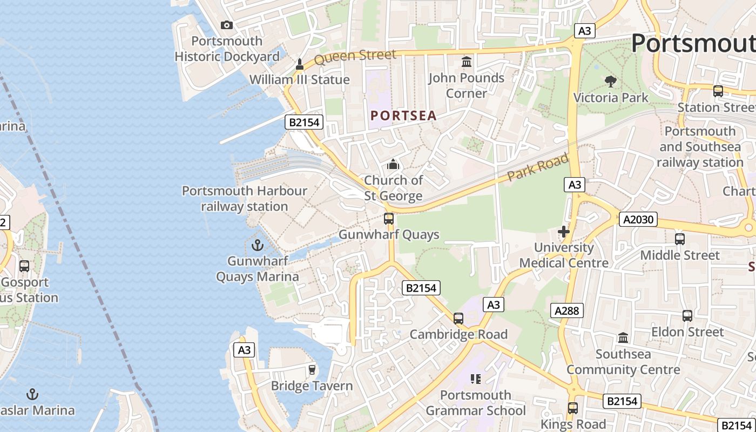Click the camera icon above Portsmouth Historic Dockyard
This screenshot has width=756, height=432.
[x=227, y=25]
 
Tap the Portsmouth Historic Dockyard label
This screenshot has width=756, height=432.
[x=227, y=49]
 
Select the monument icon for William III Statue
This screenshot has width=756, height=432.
[x=300, y=65]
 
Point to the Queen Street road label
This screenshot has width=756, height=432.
[x=355, y=56]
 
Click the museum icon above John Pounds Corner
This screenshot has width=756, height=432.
[x=467, y=62]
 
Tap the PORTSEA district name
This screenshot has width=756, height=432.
[x=403, y=116]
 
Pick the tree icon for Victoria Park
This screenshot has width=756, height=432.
[x=611, y=82]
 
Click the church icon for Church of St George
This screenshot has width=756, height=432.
[x=393, y=164]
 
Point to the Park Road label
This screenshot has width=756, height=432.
[x=538, y=167]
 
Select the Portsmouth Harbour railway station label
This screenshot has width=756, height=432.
[x=244, y=199]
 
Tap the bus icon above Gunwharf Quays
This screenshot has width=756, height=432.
[x=389, y=219]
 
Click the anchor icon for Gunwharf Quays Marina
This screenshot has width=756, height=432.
[x=258, y=246]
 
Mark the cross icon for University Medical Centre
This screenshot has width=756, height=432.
[x=564, y=232]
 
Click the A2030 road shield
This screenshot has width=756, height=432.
[x=638, y=219]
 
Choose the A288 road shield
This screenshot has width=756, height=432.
[x=567, y=310]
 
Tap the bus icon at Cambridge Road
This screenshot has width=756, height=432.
[x=458, y=319]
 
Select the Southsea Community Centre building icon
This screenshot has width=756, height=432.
[x=623, y=338]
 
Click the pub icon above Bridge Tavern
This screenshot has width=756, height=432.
[x=312, y=370]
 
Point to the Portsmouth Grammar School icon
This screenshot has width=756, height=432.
[x=475, y=379]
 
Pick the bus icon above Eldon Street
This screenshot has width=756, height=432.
[x=687, y=316]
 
